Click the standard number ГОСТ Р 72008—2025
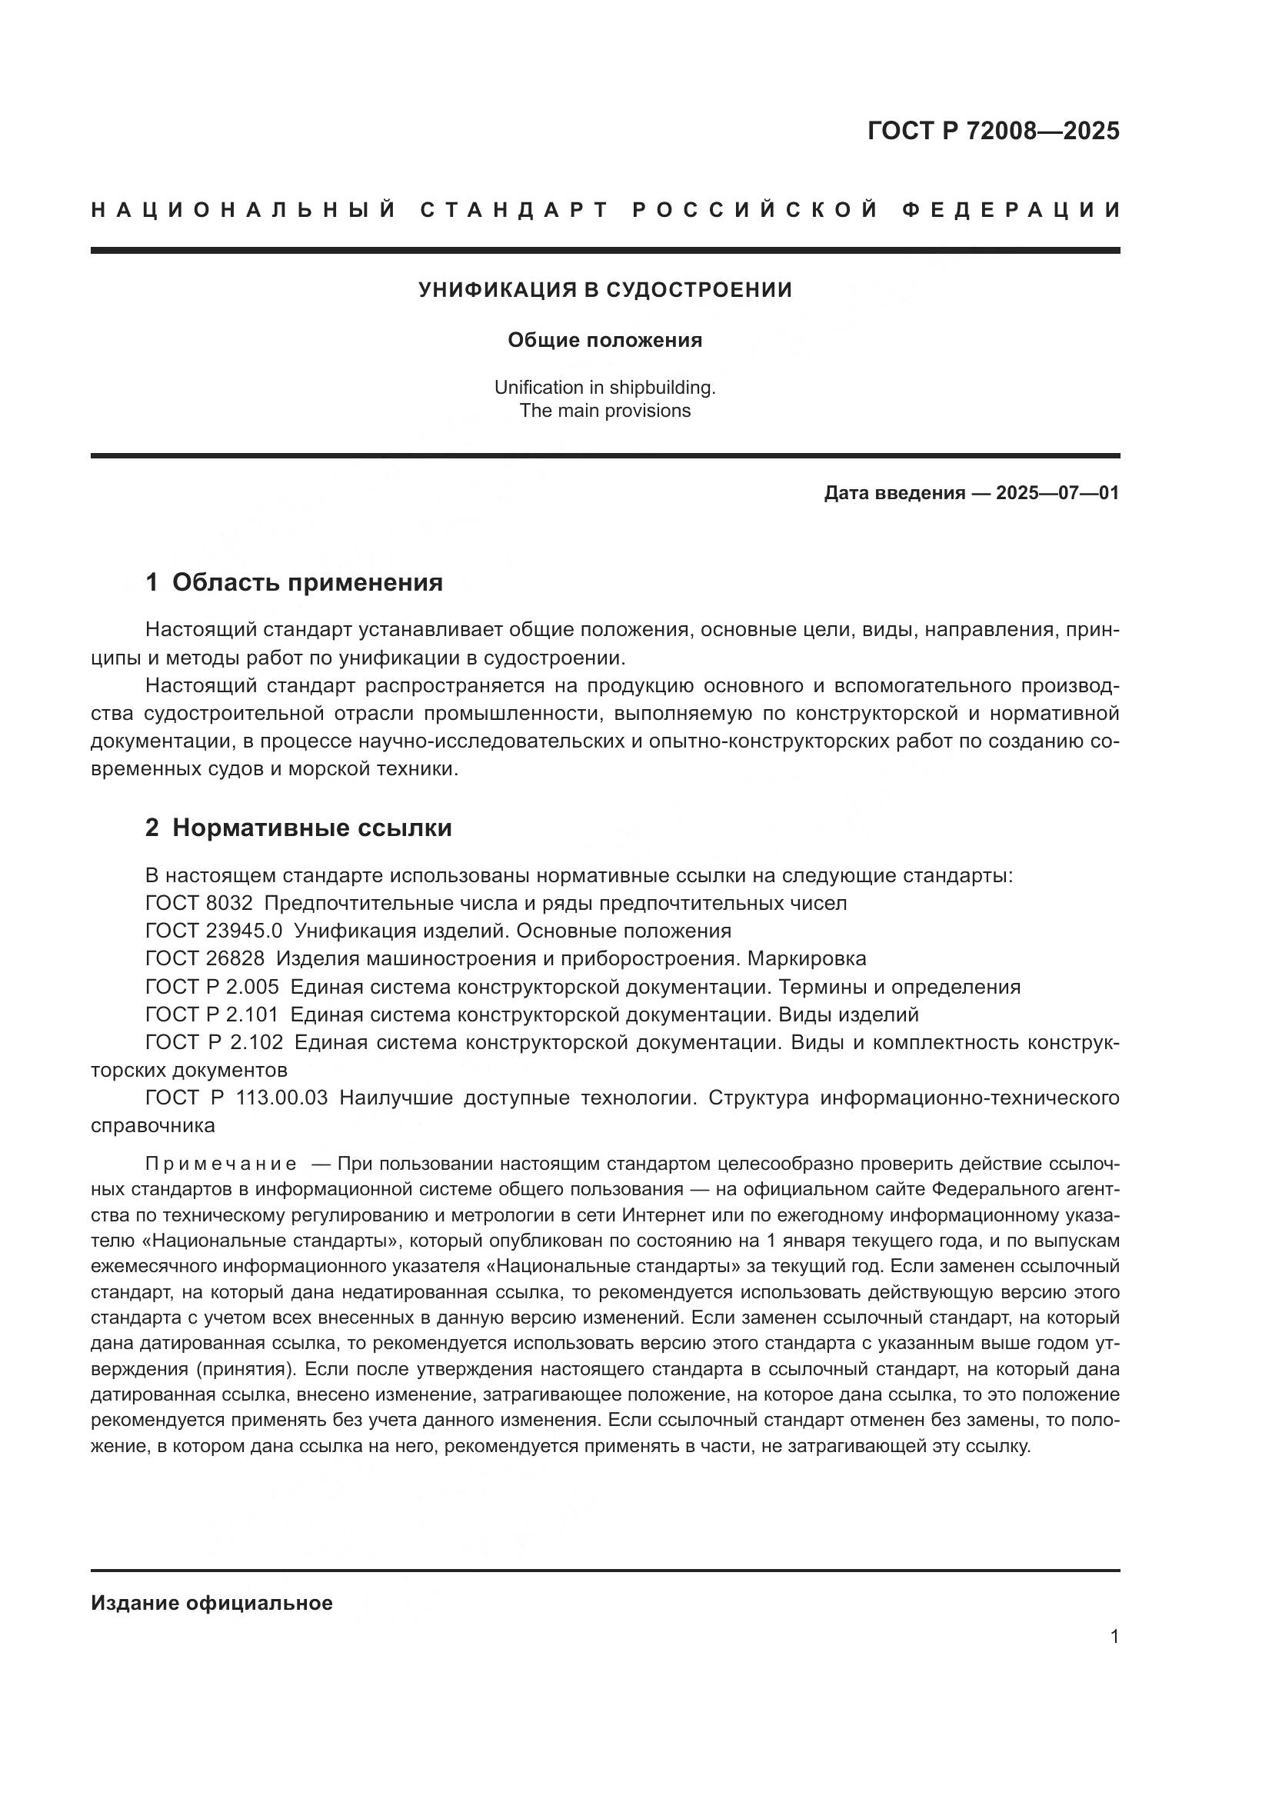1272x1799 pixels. [x=992, y=131]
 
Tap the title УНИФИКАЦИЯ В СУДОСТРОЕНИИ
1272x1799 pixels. [x=604, y=290]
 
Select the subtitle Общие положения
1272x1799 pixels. [x=604, y=340]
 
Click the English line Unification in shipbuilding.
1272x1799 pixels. [x=604, y=387]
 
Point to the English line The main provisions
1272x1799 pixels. [x=604, y=411]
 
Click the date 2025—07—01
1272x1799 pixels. [x=1057, y=493]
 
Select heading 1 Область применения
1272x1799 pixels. [x=294, y=582]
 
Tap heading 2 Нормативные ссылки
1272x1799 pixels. [x=298, y=828]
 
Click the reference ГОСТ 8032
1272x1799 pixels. [x=199, y=903]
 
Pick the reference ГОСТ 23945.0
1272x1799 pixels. [x=214, y=931]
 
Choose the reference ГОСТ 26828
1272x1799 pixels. [x=205, y=958]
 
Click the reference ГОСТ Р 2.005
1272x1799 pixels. [x=212, y=987]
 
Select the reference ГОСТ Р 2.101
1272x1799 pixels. [x=212, y=1014]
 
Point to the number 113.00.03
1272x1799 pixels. [x=281, y=1098]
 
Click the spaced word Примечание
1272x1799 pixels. [x=221, y=1164]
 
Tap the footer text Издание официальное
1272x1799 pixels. [x=211, y=1603]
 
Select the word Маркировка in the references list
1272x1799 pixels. [x=807, y=958]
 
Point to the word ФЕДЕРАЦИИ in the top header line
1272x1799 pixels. [x=1011, y=210]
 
